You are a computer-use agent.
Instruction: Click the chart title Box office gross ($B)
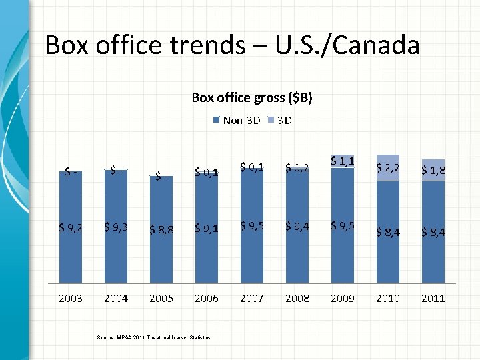[x=252, y=97]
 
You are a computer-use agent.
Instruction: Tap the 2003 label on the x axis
[x=71, y=298]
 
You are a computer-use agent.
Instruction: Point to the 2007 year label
[x=252, y=298]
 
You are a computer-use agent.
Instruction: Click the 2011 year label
[x=433, y=298]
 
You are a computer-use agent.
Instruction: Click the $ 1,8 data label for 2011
[x=433, y=171]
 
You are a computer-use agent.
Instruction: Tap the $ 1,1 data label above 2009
[x=343, y=161]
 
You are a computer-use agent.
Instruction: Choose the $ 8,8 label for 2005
[x=161, y=230]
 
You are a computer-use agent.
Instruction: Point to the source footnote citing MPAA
[x=153, y=338]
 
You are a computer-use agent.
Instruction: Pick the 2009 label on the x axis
[x=343, y=298]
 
